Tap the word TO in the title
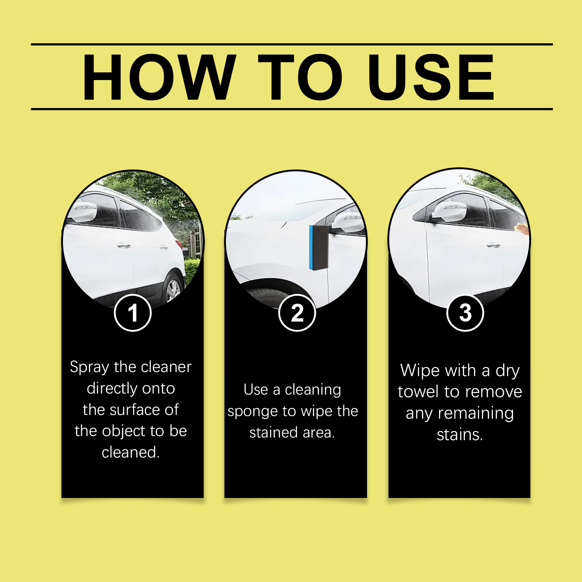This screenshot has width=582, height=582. (300, 77)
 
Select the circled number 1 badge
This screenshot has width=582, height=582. (133, 313)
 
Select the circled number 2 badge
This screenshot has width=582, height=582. (297, 313)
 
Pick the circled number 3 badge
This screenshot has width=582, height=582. (465, 313)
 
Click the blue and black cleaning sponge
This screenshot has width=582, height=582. (319, 247)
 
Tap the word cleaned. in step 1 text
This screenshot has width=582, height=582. (131, 452)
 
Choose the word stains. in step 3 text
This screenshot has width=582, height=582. (460, 434)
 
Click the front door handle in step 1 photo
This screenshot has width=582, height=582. (124, 246)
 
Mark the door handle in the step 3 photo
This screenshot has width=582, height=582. (494, 245)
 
